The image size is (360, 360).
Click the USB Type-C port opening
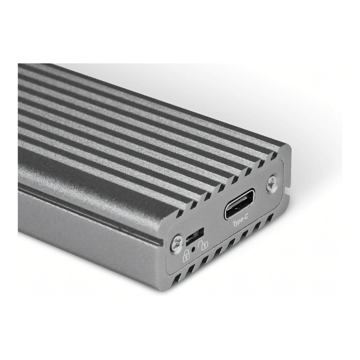tap(239, 204)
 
